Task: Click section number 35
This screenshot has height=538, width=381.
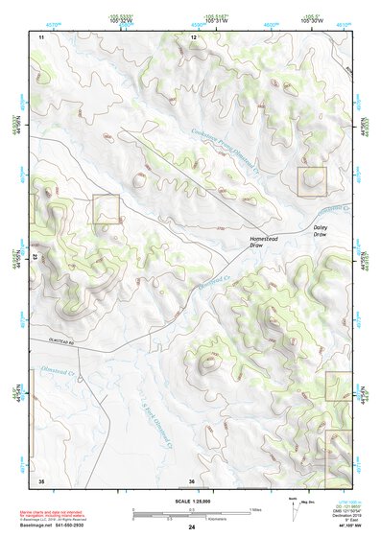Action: [x=41, y=479]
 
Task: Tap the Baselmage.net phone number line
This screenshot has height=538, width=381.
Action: [x=65, y=526]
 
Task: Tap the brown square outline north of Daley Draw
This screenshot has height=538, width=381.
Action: [x=312, y=182]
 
